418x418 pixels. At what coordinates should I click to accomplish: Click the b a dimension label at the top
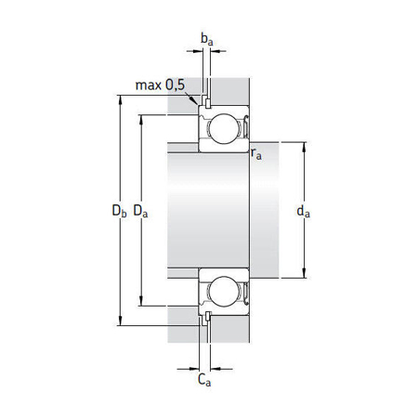[x=207, y=39]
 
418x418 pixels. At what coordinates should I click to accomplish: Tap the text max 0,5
[x=160, y=85]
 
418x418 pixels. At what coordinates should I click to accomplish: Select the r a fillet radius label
[x=256, y=155]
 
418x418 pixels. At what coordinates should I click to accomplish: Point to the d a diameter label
[x=302, y=212]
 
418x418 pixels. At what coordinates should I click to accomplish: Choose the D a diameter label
[x=141, y=212]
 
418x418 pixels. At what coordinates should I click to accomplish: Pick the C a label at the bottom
[x=204, y=378]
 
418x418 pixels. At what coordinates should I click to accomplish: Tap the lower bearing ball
[x=224, y=293]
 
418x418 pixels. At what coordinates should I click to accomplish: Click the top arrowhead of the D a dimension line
[x=140, y=118]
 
